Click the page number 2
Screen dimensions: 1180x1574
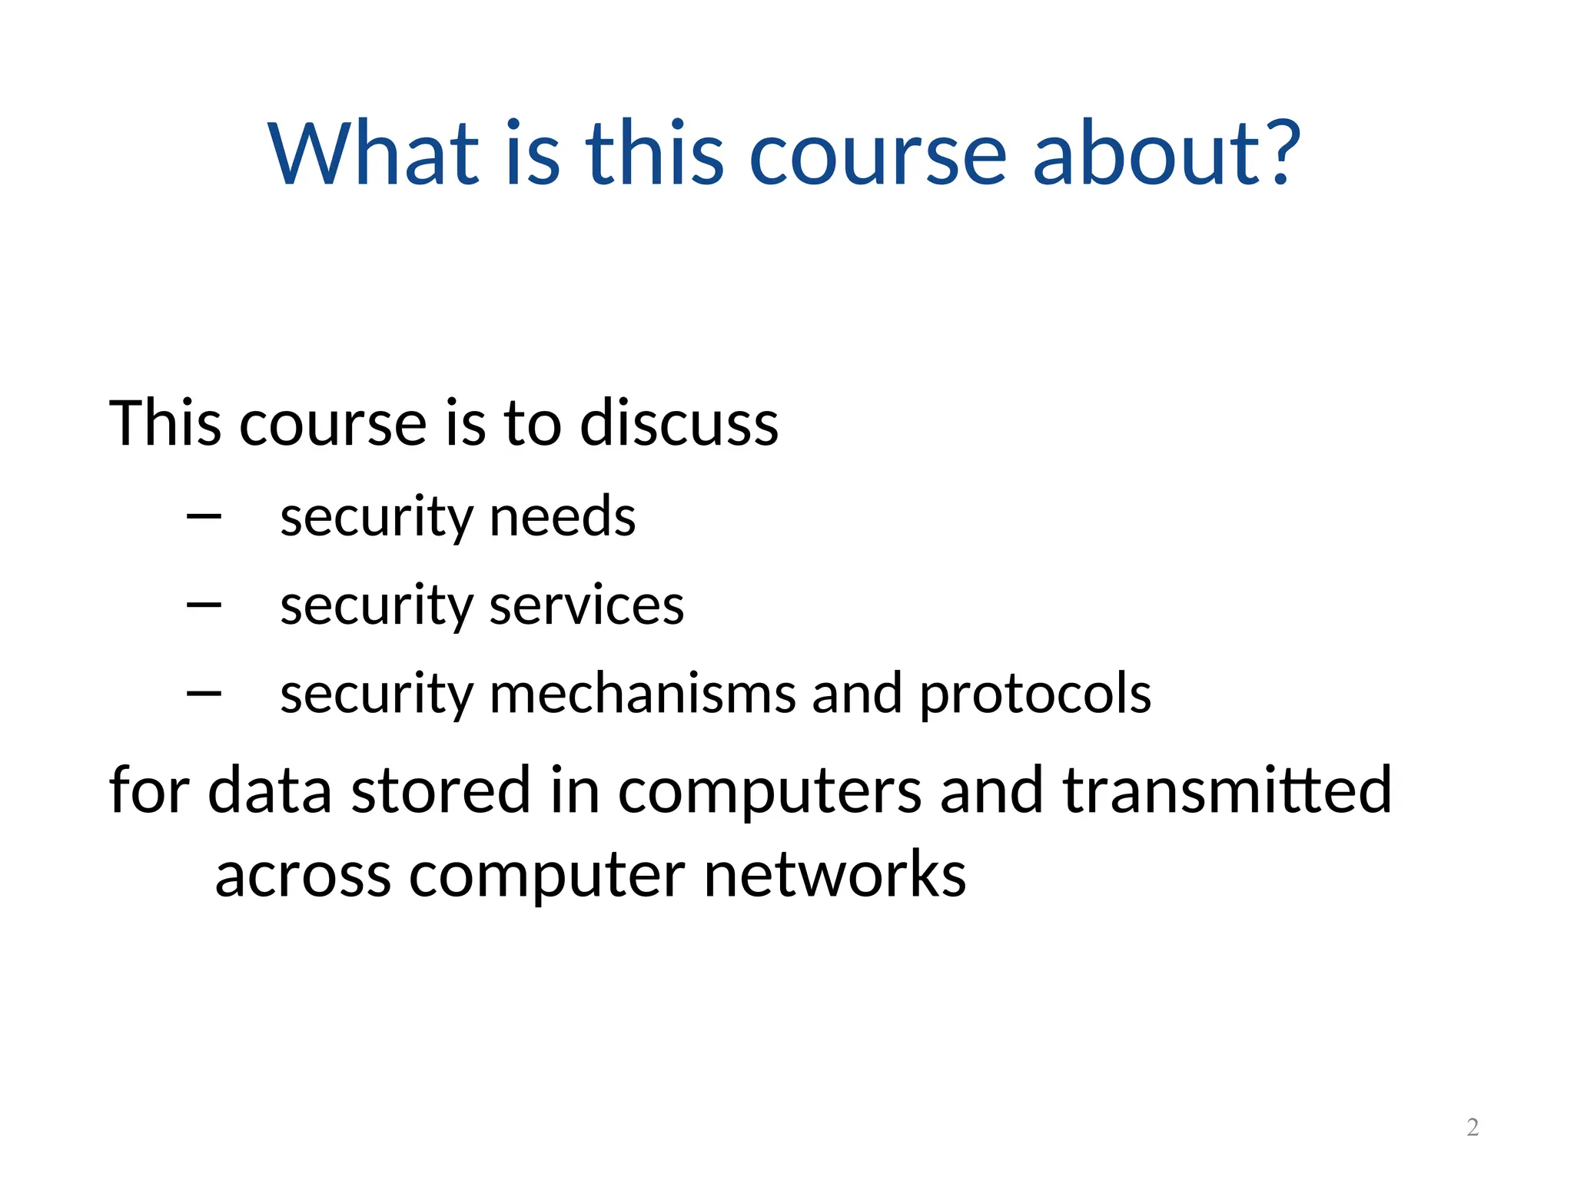point(1473,1127)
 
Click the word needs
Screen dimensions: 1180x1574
point(562,517)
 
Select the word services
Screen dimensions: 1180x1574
point(586,606)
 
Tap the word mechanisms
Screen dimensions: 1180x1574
point(642,694)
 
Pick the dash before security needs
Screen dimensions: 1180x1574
point(204,517)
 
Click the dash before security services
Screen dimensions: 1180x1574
point(204,606)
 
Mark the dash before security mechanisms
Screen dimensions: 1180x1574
point(204,694)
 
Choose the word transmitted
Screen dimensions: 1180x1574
point(1227,791)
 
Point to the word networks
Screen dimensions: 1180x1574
point(835,875)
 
